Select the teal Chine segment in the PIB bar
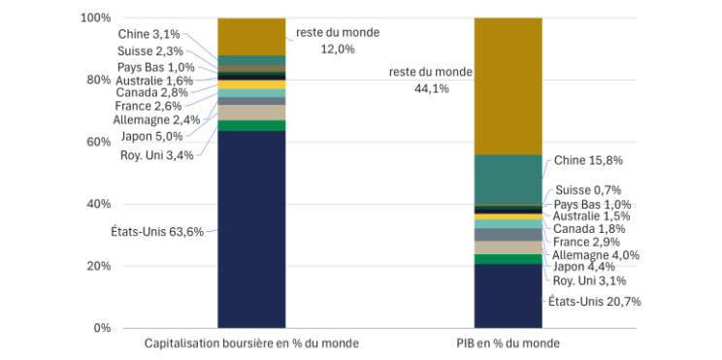508,180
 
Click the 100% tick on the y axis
94,18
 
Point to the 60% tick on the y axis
97,142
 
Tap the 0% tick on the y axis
100,328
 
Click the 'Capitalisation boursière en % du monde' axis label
251,344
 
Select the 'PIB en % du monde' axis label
508,344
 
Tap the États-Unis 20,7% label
595,302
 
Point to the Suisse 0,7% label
587,190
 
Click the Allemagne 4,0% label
594,254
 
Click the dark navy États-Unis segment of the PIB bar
508,296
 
